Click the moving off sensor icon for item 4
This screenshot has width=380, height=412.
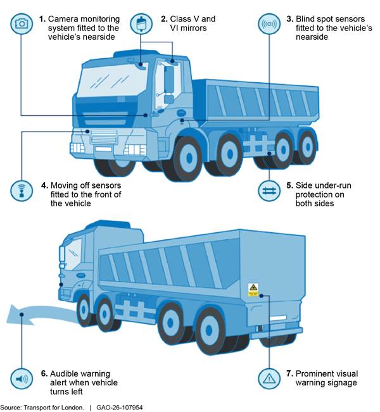(22, 191)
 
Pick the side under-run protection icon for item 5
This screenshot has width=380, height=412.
(269, 191)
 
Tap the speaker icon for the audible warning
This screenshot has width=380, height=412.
(22, 378)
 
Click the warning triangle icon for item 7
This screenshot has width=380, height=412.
(269, 378)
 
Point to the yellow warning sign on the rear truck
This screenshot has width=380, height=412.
(253, 290)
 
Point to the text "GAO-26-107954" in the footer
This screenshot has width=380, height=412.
(120, 408)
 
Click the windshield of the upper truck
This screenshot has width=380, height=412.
(113, 79)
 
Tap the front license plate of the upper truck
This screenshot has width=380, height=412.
(104, 149)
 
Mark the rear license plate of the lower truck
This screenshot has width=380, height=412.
(278, 318)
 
